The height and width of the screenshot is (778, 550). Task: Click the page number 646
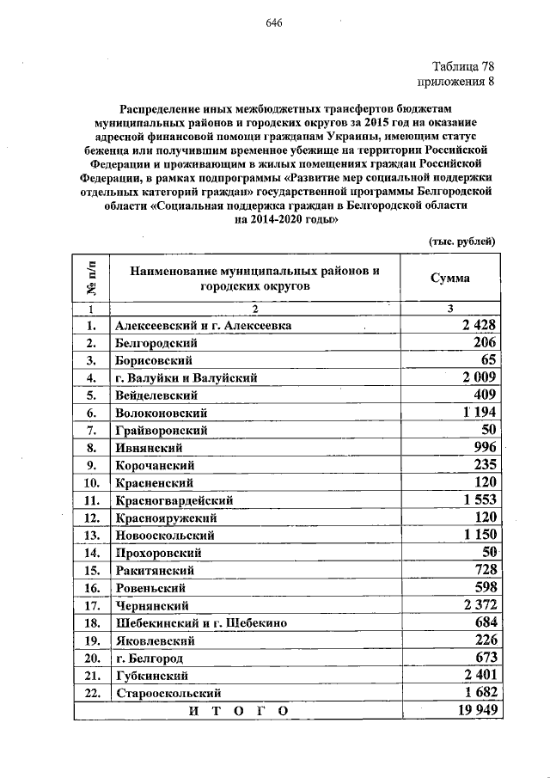274,22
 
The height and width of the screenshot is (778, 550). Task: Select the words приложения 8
456,83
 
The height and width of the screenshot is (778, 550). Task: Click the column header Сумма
449,279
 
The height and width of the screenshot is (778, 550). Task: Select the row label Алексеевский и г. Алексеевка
203,326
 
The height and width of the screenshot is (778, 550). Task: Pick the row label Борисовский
154,359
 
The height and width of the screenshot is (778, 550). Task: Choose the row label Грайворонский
162,430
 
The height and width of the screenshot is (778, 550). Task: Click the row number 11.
90,499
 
